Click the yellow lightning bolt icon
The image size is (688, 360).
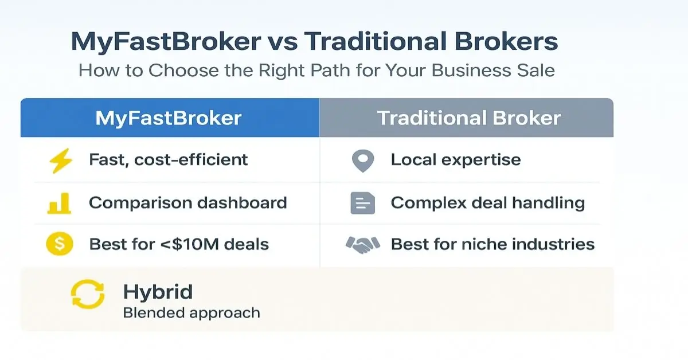pyautogui.click(x=61, y=161)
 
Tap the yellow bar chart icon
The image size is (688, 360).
pyautogui.click(x=59, y=204)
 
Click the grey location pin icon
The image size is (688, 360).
pyautogui.click(x=362, y=161)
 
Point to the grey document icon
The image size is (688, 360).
pyautogui.click(x=362, y=204)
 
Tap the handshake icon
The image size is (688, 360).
pyautogui.click(x=362, y=245)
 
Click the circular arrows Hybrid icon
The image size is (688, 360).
pyautogui.click(x=87, y=295)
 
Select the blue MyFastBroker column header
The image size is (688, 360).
pyautogui.click(x=169, y=118)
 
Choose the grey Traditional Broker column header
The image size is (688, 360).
pyautogui.click(x=468, y=118)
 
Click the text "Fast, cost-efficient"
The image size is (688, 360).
pyautogui.click(x=169, y=159)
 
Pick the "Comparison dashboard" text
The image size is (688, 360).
pyautogui.click(x=187, y=202)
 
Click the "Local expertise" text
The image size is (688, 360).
pyautogui.click(x=455, y=159)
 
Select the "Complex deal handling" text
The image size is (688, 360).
pyautogui.click(x=487, y=202)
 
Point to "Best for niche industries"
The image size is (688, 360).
pyautogui.click(x=492, y=244)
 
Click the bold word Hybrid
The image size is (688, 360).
pyautogui.click(x=158, y=292)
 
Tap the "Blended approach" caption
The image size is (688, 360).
pyautogui.click(x=191, y=313)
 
